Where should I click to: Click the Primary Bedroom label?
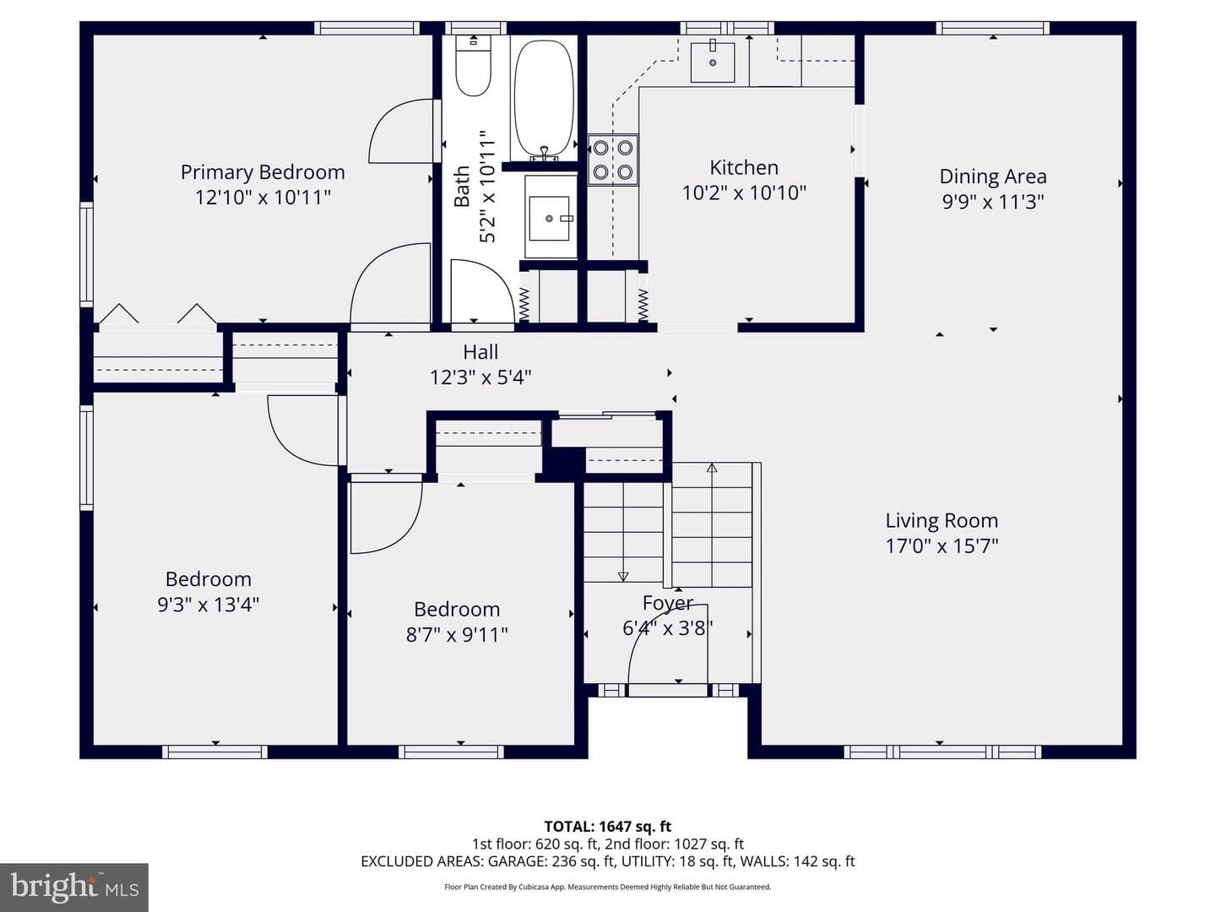tap(263, 172)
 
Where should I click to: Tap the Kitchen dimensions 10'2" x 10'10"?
tap(744, 193)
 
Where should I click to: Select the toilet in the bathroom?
tap(473, 65)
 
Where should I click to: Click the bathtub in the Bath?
tap(544, 99)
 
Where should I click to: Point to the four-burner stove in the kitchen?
tap(613, 160)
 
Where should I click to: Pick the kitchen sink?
tap(713, 62)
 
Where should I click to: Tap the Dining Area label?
tap(993, 176)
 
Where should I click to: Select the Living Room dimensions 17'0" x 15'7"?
tap(942, 546)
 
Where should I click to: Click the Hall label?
tap(480, 351)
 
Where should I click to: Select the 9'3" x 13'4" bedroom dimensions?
tap(209, 604)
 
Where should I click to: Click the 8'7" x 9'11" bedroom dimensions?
tap(457, 634)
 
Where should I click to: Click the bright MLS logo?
tap(74, 888)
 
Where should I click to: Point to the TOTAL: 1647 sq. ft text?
tap(608, 827)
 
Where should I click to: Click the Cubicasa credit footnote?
tap(608, 887)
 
